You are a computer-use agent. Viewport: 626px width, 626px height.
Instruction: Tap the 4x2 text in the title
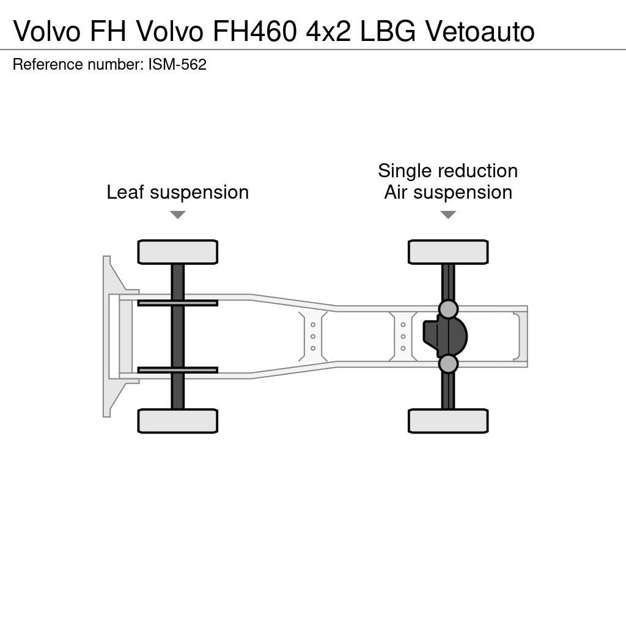pos(328,31)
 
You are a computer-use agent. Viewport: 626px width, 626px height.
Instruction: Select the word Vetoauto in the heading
pos(480,31)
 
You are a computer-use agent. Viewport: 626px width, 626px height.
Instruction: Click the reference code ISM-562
pos(177,65)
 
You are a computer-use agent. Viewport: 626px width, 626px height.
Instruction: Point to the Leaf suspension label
pos(177,192)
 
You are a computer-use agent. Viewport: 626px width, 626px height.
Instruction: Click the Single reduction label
pos(447,171)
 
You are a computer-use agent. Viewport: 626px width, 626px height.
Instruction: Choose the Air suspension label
pos(447,192)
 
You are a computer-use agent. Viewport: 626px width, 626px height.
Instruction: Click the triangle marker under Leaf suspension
pos(177,215)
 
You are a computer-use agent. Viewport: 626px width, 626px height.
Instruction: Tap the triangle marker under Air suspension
pos(447,215)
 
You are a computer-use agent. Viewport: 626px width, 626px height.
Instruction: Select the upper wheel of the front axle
pos(177,252)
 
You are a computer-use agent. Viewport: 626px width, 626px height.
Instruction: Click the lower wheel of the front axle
pos(177,421)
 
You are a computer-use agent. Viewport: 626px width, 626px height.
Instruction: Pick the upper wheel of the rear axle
pos(447,252)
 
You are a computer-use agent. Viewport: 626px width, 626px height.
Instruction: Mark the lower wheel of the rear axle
pos(447,421)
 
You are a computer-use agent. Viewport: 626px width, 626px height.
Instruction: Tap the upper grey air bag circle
pos(448,309)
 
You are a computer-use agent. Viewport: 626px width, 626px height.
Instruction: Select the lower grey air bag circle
pos(448,364)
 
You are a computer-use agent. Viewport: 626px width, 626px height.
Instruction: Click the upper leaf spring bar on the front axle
pos(177,303)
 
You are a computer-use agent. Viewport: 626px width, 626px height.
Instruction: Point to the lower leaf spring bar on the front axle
pos(177,370)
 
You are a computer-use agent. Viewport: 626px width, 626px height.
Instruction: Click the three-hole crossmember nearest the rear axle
pos(403,336)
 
